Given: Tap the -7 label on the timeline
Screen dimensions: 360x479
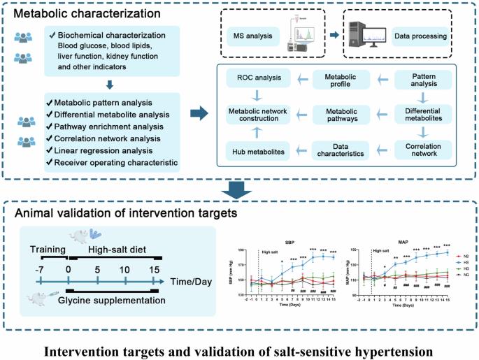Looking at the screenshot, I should click(41, 269).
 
